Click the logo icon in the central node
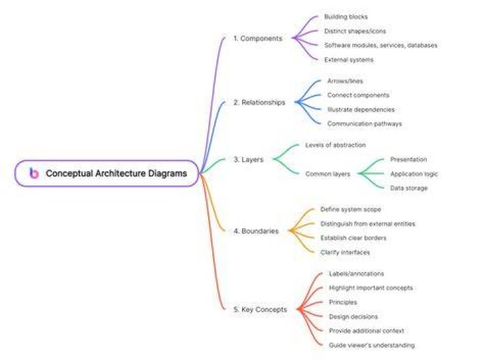point(34,173)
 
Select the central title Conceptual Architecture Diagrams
point(116,173)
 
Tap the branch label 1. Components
point(257,38)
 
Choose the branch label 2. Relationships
point(259,102)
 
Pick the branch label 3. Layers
point(249,159)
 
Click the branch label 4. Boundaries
point(256,231)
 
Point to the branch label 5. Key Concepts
point(260,310)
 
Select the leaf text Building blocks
point(346,17)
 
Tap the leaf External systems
point(349,60)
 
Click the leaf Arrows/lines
point(345,81)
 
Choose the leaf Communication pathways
point(364,124)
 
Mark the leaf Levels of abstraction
point(335,145)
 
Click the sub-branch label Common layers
point(328,174)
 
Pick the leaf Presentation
point(409,159)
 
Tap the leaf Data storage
point(409,188)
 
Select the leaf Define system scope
point(351,210)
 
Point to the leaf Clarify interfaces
point(345,253)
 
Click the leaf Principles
point(343,302)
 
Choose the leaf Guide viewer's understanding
point(372,345)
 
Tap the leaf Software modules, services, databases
point(381,46)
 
